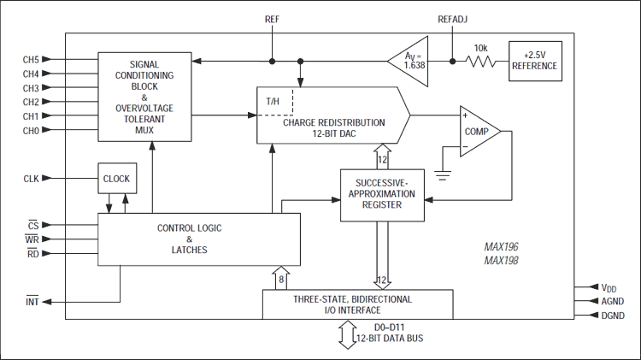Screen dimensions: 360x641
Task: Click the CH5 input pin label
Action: pyautogui.click(x=31, y=59)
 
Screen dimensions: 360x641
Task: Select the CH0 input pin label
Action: pyautogui.click(x=31, y=131)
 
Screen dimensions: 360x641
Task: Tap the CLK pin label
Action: pyautogui.click(x=31, y=179)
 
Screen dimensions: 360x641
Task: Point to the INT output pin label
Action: pyautogui.click(x=31, y=302)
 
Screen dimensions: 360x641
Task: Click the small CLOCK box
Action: pyautogui.click(x=116, y=179)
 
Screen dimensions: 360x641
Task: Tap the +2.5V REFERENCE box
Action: pyautogui.click(x=534, y=62)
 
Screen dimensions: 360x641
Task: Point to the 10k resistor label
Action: pyautogui.click(x=480, y=50)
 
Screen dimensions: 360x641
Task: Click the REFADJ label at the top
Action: pyautogui.click(x=453, y=18)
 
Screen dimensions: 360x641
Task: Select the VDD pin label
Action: pyautogui.click(x=608, y=288)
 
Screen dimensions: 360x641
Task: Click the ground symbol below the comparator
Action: pyautogui.click(x=443, y=176)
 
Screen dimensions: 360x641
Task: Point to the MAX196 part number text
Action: pyautogui.click(x=503, y=247)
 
